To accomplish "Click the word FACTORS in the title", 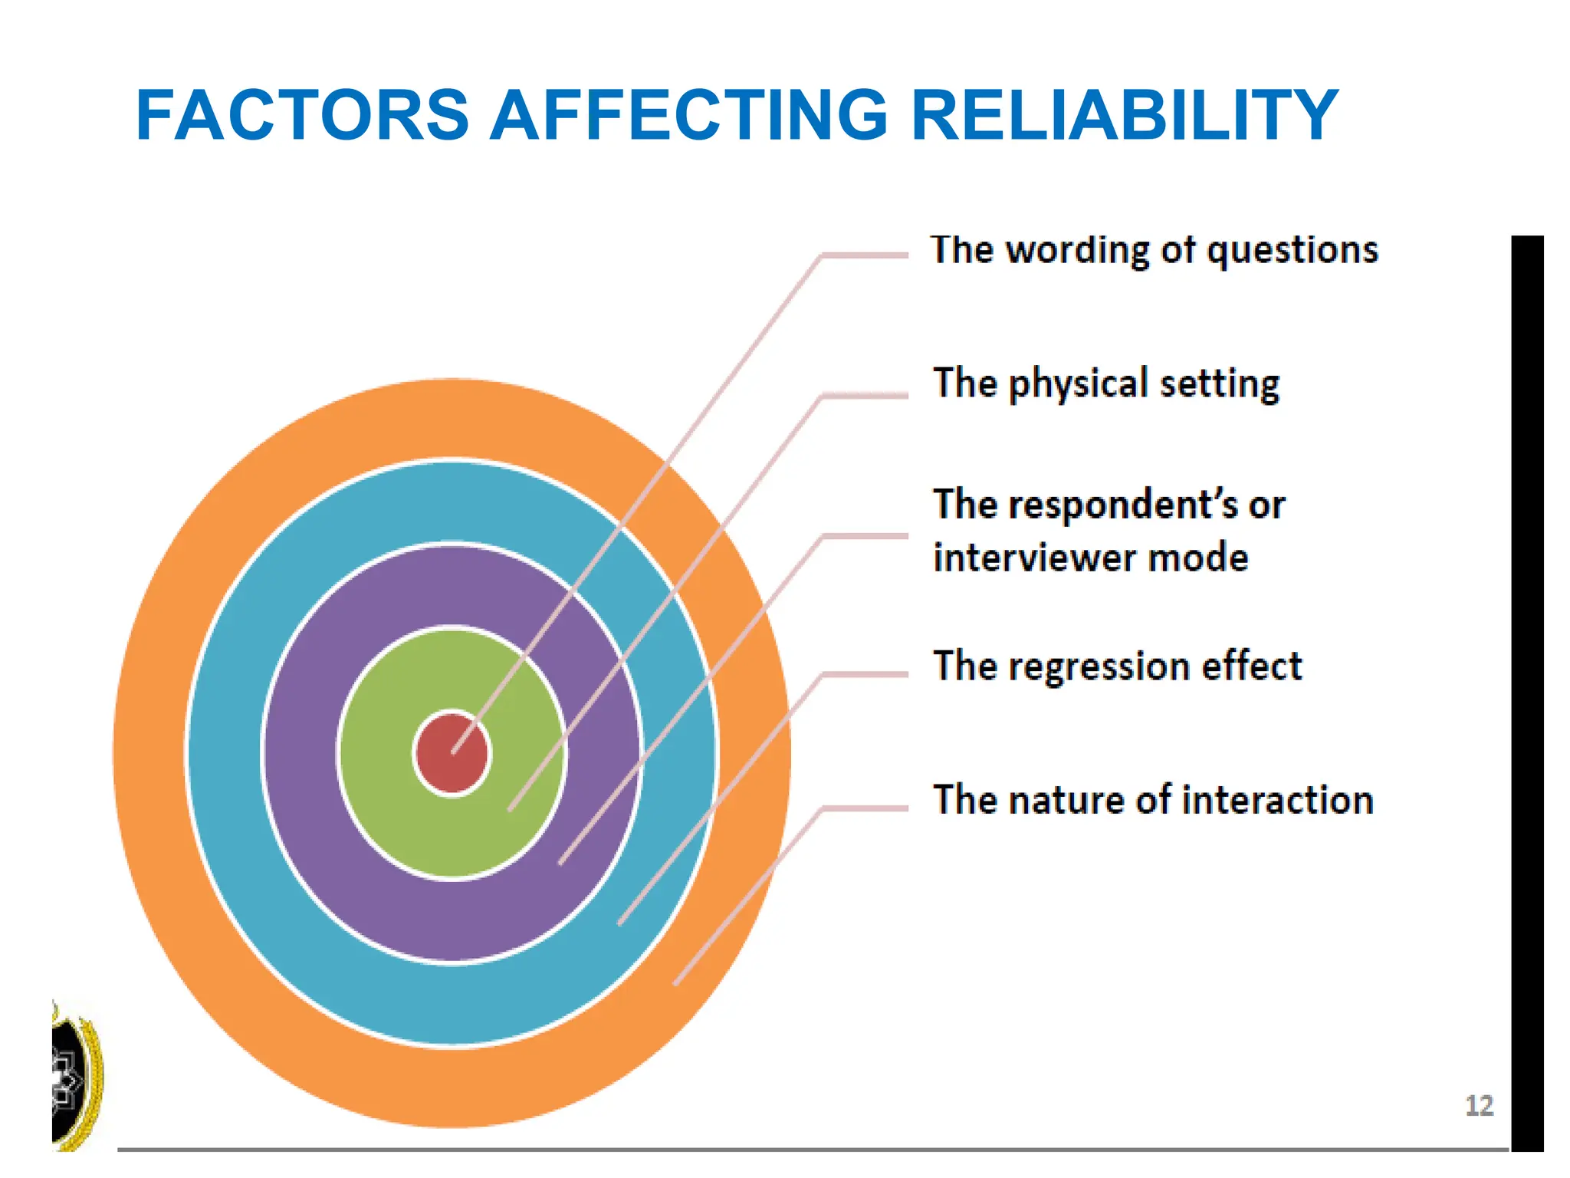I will pos(302,116).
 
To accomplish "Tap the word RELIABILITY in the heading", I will pos(1124,116).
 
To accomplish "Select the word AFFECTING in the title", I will pos(688,116).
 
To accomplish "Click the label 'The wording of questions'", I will pos(1154,251).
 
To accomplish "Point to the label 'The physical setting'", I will pos(1105,383).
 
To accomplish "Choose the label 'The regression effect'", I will pos(1117,666).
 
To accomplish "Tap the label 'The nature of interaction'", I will pos(1152,800).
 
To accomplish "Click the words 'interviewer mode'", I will pos(1090,558).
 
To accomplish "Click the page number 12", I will pos(1479,1106).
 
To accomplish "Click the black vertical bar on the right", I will pos(1526,690).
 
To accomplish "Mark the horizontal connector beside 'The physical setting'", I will pos(865,396).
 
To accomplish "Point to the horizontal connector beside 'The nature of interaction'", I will pos(865,808).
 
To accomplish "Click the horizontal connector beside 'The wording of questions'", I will pos(865,255).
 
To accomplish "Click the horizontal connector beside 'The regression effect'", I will pos(865,674).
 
